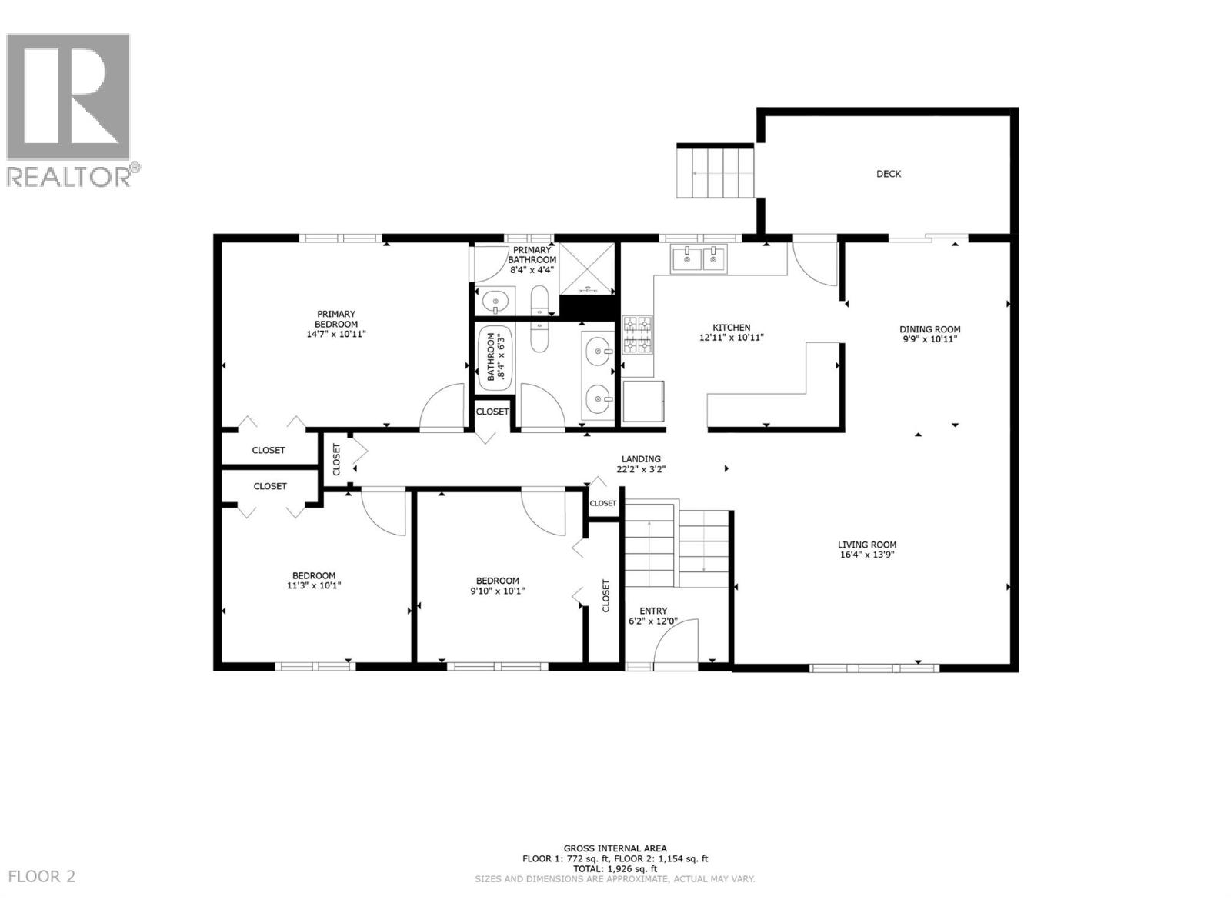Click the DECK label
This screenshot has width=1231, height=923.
coord(889,174)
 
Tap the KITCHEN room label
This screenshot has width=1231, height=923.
coord(731,328)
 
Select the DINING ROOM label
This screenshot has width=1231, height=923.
coord(930,329)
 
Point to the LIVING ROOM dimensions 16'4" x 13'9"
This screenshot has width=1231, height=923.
coord(867,555)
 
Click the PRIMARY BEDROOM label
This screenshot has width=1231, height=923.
coord(336,318)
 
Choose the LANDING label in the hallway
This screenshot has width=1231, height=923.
coord(641,459)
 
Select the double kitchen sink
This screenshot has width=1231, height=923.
coord(699,259)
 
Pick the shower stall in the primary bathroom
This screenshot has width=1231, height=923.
coord(587,268)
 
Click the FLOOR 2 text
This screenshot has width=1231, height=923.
coord(42,876)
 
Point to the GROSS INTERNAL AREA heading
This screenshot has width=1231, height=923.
coord(615,849)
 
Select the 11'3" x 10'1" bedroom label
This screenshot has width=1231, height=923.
coord(313,581)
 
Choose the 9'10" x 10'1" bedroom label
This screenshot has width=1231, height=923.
coord(497,586)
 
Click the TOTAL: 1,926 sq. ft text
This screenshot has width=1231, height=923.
coord(615,869)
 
